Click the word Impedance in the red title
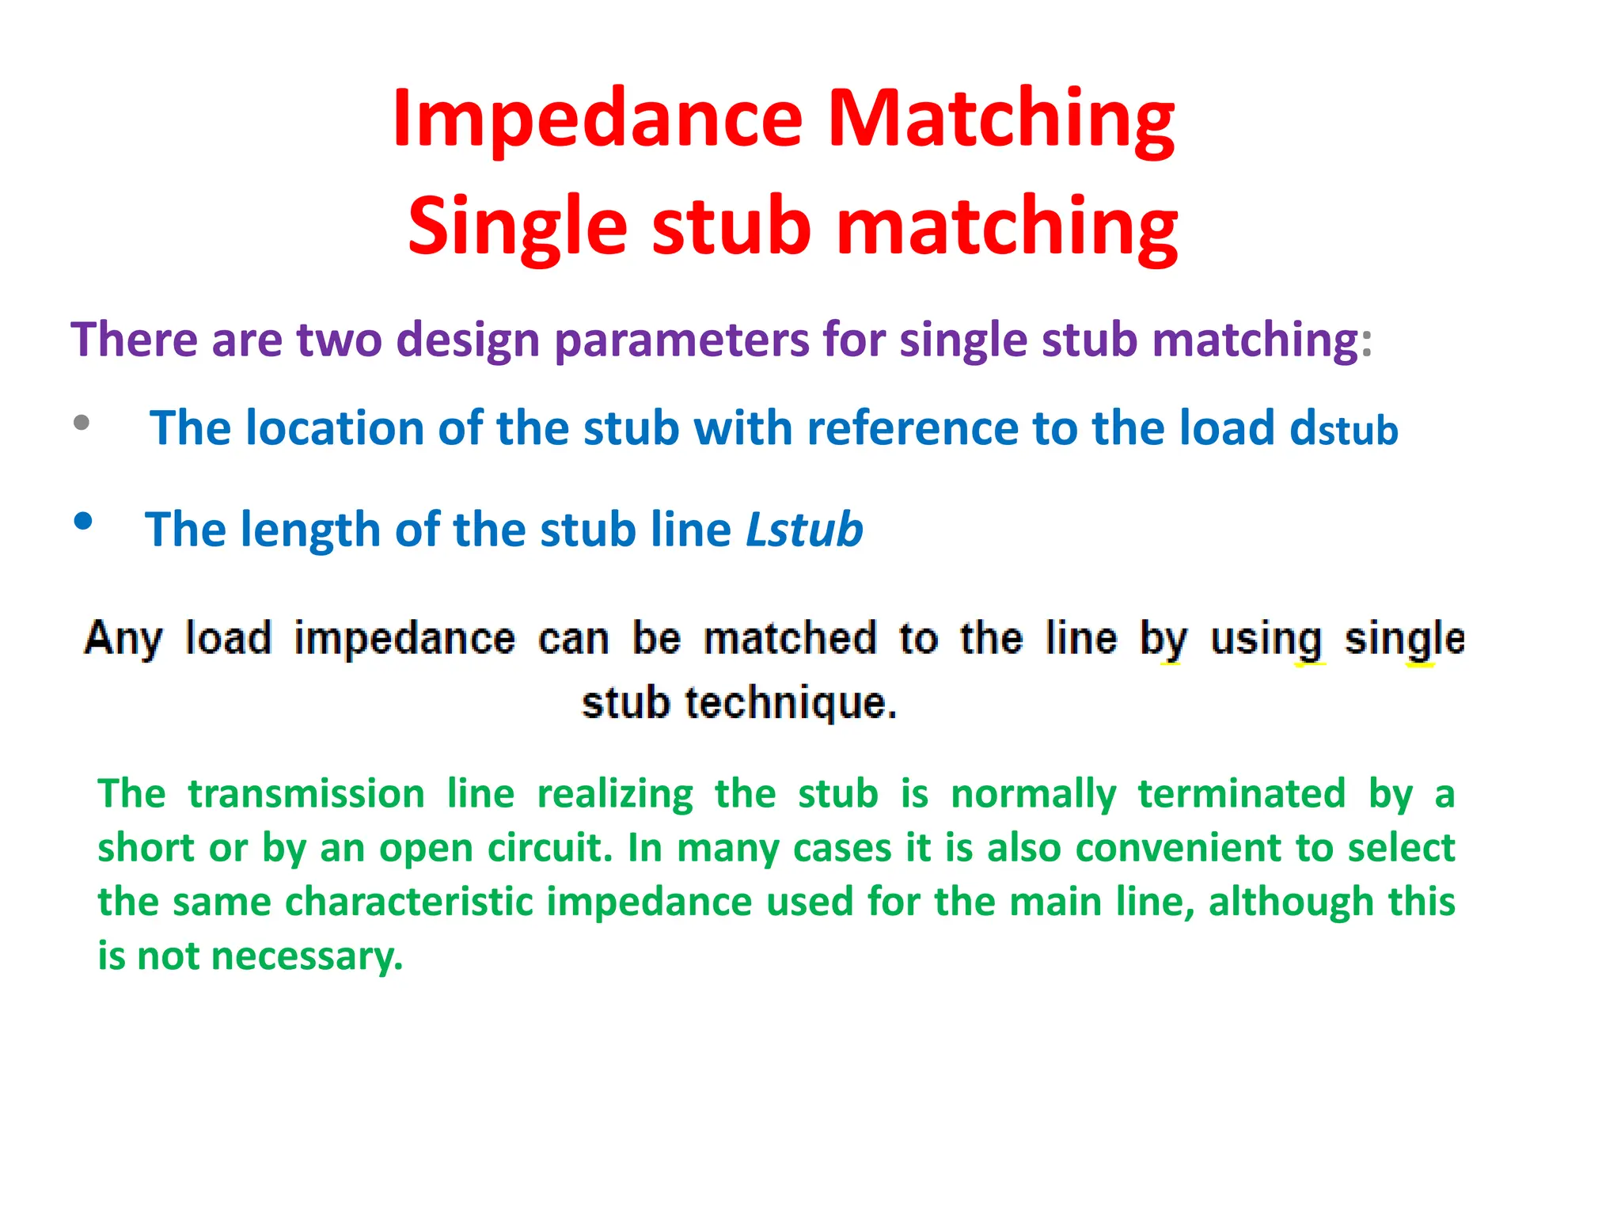tap(598, 119)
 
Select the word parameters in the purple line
tap(681, 340)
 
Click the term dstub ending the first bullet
tap(1343, 429)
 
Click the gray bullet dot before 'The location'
tap(82, 422)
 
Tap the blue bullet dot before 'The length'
tap(83, 521)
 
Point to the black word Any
tap(123, 638)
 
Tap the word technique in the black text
tap(790, 703)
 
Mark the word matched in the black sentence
tap(790, 638)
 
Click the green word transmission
tap(306, 794)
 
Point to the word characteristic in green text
tap(408, 902)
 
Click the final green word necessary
tap(307, 956)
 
